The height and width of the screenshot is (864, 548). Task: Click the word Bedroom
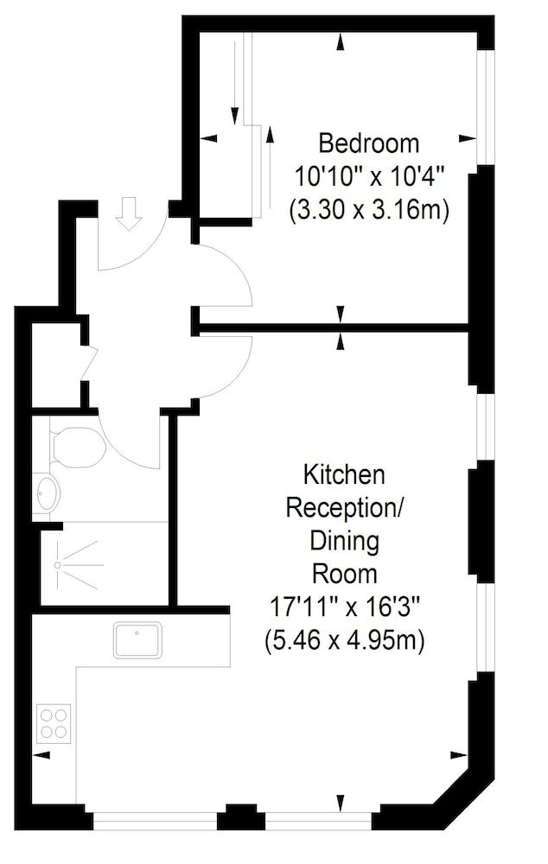click(x=368, y=143)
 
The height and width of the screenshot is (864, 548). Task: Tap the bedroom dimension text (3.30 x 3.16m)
click(x=368, y=210)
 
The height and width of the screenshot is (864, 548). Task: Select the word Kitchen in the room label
click(x=343, y=474)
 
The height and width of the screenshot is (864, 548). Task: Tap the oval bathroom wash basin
click(x=48, y=495)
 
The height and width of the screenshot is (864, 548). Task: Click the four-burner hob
click(x=54, y=722)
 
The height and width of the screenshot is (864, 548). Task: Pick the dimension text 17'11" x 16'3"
click(x=344, y=608)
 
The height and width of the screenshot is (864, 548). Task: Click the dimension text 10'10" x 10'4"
click(x=368, y=176)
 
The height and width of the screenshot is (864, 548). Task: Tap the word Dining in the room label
click(x=344, y=542)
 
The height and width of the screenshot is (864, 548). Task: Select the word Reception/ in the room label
click(x=344, y=508)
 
